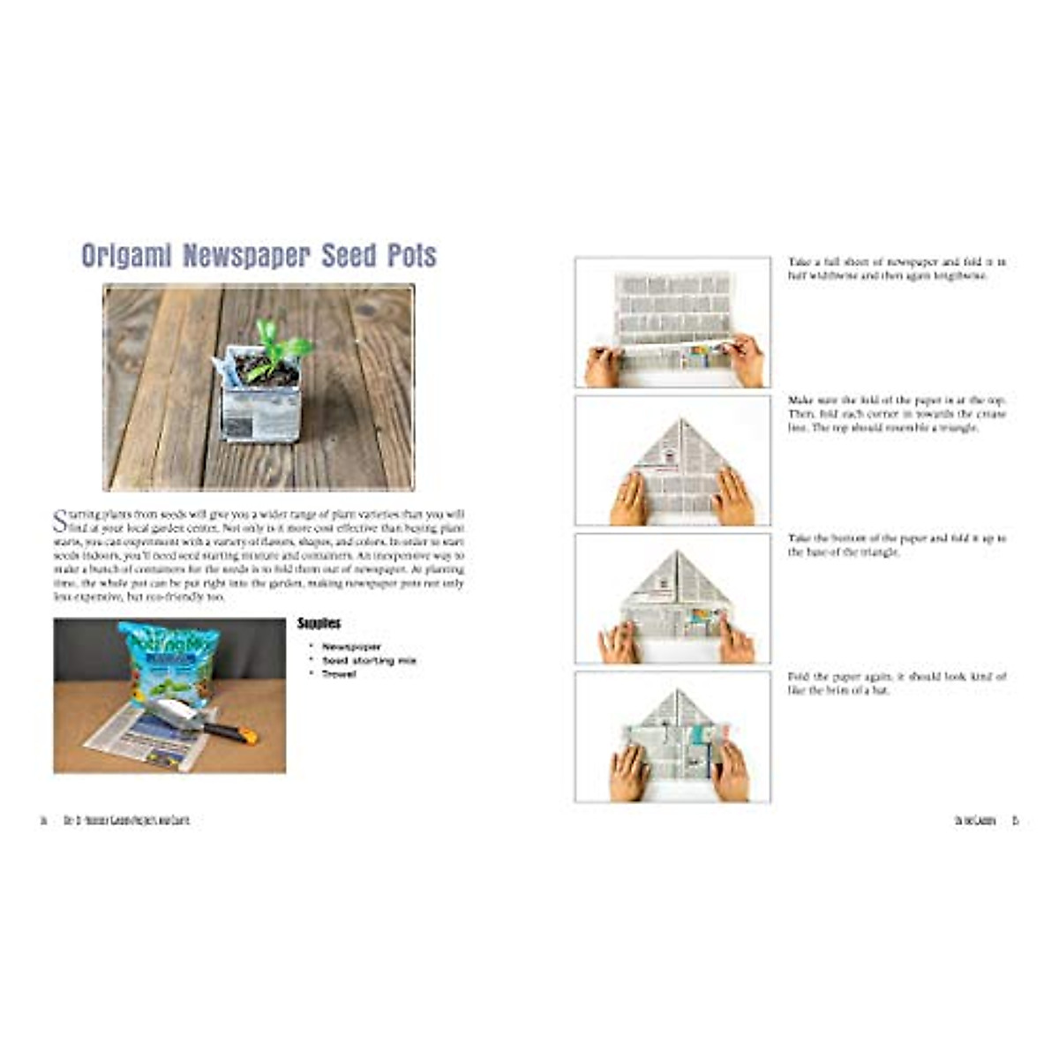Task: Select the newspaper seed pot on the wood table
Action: point(261,402)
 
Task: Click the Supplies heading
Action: point(319,623)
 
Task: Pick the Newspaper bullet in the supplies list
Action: point(351,647)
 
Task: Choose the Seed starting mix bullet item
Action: point(369,660)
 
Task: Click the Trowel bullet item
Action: point(339,674)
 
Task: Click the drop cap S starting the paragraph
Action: point(59,520)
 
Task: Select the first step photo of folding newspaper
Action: point(672,322)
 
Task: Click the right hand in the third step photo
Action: point(734,640)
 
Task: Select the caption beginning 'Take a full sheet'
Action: point(897,269)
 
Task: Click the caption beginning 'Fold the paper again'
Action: point(897,683)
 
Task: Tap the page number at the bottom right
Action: point(1015,821)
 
